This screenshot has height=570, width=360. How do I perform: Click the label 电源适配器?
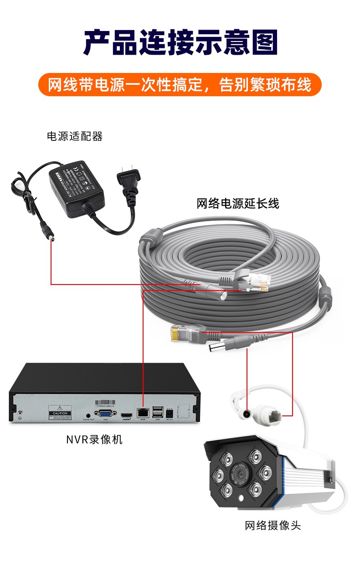(75, 136)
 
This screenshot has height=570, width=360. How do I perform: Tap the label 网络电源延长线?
(237, 203)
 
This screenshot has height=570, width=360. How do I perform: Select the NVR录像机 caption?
(94, 440)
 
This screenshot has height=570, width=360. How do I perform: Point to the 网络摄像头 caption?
(273, 525)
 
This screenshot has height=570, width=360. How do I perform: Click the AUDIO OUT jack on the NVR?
(88, 414)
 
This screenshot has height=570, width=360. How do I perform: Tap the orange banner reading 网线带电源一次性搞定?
(180, 85)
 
